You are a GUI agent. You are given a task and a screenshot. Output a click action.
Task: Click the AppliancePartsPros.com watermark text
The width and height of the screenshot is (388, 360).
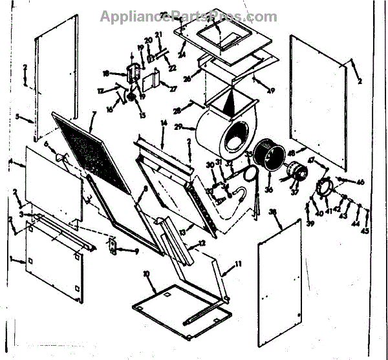(188, 16)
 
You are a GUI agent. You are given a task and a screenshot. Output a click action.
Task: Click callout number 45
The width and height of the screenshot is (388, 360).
(365, 230)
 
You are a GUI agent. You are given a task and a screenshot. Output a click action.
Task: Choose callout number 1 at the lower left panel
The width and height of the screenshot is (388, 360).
(11, 260)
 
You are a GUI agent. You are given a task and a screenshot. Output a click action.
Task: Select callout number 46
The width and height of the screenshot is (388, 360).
(361, 183)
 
